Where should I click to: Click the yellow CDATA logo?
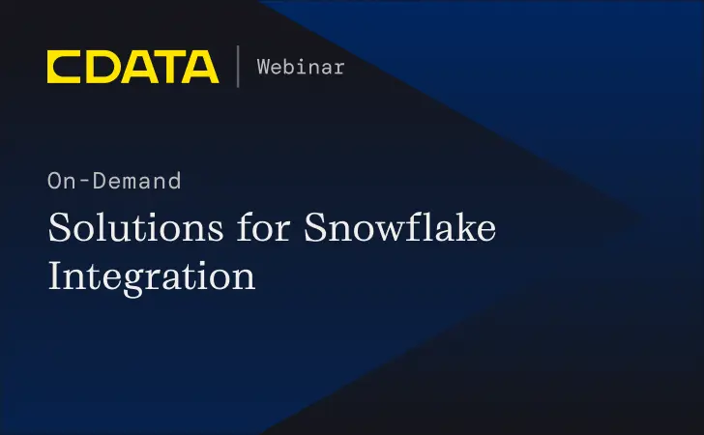132,67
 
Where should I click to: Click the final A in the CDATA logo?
200,67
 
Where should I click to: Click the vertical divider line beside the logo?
238,67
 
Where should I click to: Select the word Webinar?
300,67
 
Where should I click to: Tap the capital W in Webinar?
263,67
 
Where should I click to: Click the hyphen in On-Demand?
80,181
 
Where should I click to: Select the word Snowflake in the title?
400,229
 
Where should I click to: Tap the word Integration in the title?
152,275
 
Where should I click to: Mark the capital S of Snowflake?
317,229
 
